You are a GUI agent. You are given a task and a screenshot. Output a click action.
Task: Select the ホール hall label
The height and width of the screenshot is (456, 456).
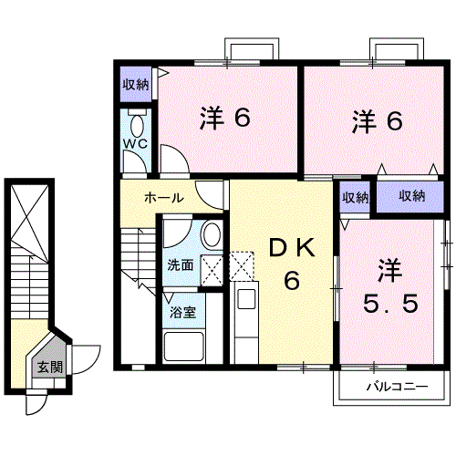click(x=163, y=197)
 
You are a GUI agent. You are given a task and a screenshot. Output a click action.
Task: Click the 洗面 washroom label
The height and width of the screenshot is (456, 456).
click(x=180, y=266)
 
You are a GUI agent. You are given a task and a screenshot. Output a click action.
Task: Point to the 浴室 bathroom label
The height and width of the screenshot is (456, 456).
click(x=181, y=312)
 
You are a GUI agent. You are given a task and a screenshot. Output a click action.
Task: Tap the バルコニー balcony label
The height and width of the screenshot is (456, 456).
click(x=397, y=387)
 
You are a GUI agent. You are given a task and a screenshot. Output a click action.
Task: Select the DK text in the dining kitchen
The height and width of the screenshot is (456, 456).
click(x=290, y=247)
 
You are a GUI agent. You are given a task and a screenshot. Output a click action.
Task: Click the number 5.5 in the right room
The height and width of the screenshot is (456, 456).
click(x=391, y=299)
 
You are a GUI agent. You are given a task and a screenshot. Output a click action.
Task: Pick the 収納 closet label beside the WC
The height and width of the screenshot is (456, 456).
click(x=136, y=86)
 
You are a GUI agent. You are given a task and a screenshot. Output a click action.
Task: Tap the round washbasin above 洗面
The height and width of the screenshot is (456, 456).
click(x=210, y=235)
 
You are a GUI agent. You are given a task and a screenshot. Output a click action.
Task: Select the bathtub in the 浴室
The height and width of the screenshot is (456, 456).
click(x=182, y=346)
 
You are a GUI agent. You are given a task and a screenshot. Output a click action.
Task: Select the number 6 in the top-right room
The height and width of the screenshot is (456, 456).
click(x=394, y=121)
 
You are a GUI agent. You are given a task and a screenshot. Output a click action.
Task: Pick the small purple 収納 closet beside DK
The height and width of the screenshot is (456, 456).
click(x=356, y=197)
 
